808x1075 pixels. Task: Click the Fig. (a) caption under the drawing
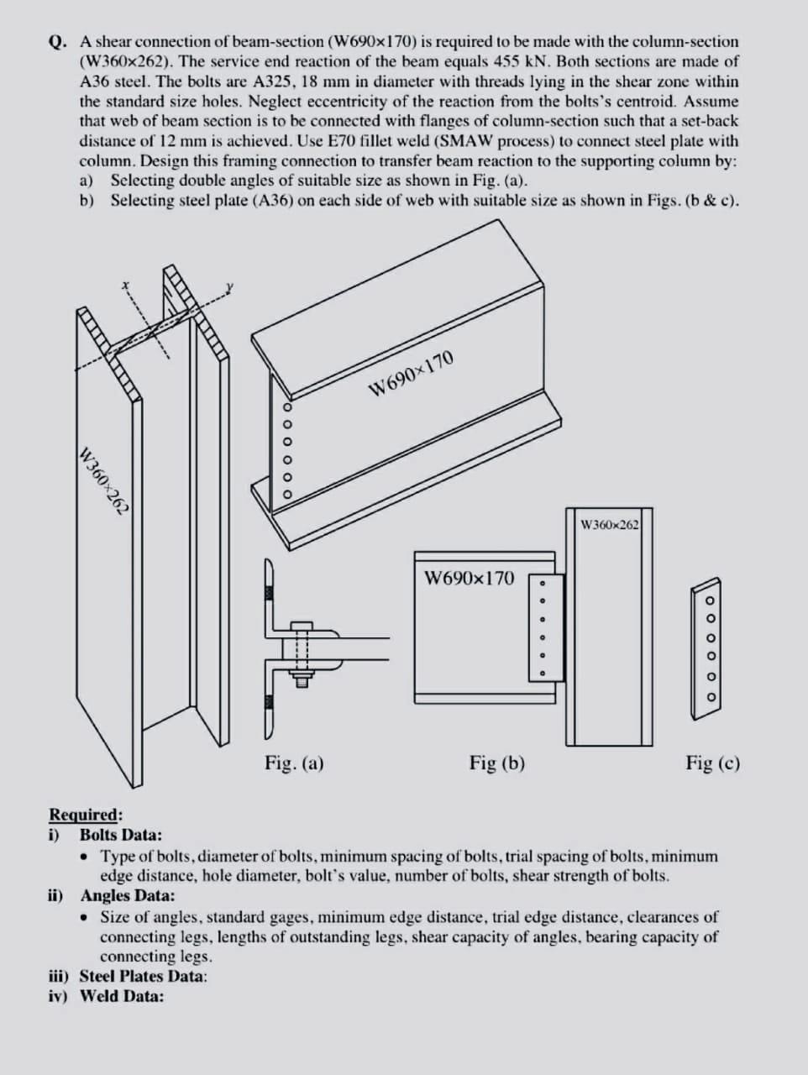[294, 763]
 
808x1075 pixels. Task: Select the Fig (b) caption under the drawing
[497, 763]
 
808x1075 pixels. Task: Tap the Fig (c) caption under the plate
[712, 763]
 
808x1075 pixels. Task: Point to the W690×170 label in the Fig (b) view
[470, 578]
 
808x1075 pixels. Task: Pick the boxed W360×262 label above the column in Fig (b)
[610, 525]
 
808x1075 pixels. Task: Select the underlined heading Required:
[85, 815]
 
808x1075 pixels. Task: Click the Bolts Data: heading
[121, 835]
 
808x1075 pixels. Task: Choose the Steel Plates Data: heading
[144, 976]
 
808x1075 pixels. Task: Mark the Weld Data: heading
[122, 996]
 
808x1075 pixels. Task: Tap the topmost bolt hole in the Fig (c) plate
[710, 600]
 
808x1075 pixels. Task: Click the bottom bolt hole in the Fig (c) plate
[710, 697]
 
